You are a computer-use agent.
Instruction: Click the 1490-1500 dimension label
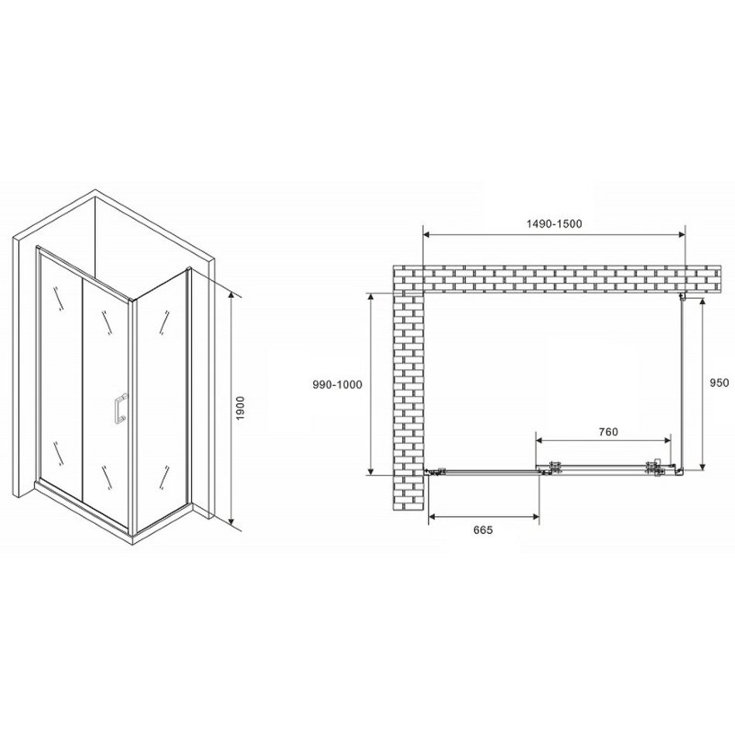click(554, 224)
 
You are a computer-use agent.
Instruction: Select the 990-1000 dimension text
click(337, 385)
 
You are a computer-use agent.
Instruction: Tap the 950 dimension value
click(720, 383)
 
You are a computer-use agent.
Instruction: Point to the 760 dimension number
click(608, 432)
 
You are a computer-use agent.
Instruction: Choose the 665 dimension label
click(483, 530)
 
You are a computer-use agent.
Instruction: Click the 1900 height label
click(241, 409)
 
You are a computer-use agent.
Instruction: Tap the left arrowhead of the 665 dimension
click(432, 517)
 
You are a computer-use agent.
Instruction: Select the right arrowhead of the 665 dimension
click(535, 517)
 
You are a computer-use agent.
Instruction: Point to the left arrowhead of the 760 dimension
click(540, 440)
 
